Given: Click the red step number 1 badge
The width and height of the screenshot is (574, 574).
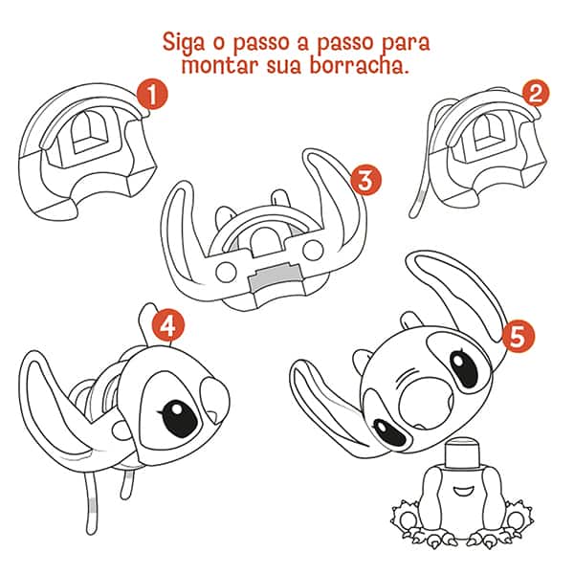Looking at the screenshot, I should [x=151, y=94].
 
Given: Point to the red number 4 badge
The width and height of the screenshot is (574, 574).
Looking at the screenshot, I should [x=169, y=325].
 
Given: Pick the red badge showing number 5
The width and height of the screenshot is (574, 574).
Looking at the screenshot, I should [x=518, y=336].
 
